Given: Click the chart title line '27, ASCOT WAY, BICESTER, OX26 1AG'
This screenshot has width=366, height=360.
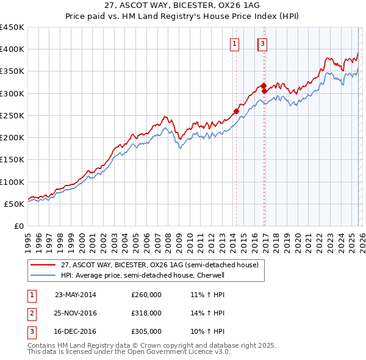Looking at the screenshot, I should (183, 5).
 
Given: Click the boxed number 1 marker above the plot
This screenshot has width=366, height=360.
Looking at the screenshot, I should (235, 43).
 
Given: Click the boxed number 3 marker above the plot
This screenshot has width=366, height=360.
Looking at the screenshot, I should (262, 43).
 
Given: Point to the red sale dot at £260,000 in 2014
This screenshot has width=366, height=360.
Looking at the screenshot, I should (236, 111).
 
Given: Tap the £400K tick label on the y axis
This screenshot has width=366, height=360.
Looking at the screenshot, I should (12, 49).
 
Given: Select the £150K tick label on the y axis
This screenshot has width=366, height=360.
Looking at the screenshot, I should (12, 160).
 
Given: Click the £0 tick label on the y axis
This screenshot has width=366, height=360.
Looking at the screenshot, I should (18, 226).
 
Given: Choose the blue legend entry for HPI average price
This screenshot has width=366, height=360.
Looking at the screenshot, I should (143, 275).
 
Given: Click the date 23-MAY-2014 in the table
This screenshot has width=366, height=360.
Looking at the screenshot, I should (76, 294).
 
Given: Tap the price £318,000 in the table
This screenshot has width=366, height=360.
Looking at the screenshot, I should (146, 313).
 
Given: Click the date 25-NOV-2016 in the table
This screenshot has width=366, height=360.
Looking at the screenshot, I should (76, 313).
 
